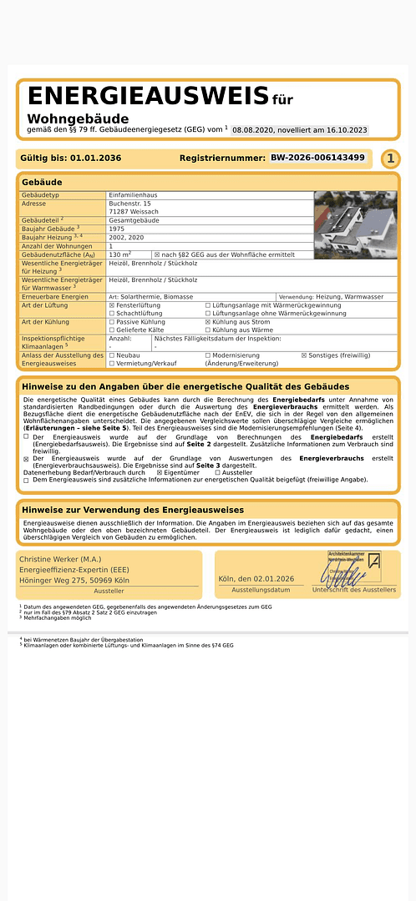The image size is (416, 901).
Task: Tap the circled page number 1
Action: tap(390, 159)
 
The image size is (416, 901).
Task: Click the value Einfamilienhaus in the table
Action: tap(133, 195)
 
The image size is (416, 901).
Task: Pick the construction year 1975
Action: tap(117, 229)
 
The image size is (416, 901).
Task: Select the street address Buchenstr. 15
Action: tap(129, 204)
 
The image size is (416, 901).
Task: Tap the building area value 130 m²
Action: tap(120, 254)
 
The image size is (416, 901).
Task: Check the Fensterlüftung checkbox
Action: tap(112, 306)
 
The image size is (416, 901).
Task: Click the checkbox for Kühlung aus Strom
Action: tap(208, 321)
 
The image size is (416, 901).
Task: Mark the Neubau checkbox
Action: tap(112, 355)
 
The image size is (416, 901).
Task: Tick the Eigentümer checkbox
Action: tap(160, 473)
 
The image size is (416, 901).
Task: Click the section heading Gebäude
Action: tap(42, 181)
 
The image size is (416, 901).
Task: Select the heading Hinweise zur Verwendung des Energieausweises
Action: tap(133, 510)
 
